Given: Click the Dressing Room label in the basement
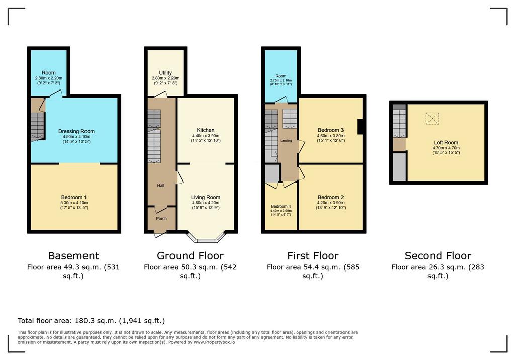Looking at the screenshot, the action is [76, 131].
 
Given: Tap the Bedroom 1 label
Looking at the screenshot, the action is [74, 197].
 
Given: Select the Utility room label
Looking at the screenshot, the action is [165, 73].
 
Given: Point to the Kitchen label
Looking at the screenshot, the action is [206, 130].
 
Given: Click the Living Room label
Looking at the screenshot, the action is [206, 197].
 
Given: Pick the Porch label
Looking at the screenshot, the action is [161, 218].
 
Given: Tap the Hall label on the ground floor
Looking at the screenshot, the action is [160, 186].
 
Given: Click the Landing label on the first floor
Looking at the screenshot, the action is [286, 141].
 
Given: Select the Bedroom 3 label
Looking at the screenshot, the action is [331, 130].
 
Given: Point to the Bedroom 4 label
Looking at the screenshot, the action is [281, 206].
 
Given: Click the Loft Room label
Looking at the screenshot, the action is [446, 143].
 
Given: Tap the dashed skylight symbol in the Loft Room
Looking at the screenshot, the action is [432, 119].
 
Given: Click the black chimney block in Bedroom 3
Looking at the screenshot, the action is [360, 127].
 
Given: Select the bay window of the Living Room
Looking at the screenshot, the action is [206, 238].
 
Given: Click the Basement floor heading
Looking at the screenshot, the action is [73, 256].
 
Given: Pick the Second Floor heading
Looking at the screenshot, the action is [438, 256].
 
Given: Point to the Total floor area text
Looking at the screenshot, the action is [92, 321].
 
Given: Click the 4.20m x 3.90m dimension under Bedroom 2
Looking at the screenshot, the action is [331, 203].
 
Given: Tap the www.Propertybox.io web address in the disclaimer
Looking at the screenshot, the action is [214, 342].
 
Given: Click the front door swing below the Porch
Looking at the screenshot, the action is [160, 234].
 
